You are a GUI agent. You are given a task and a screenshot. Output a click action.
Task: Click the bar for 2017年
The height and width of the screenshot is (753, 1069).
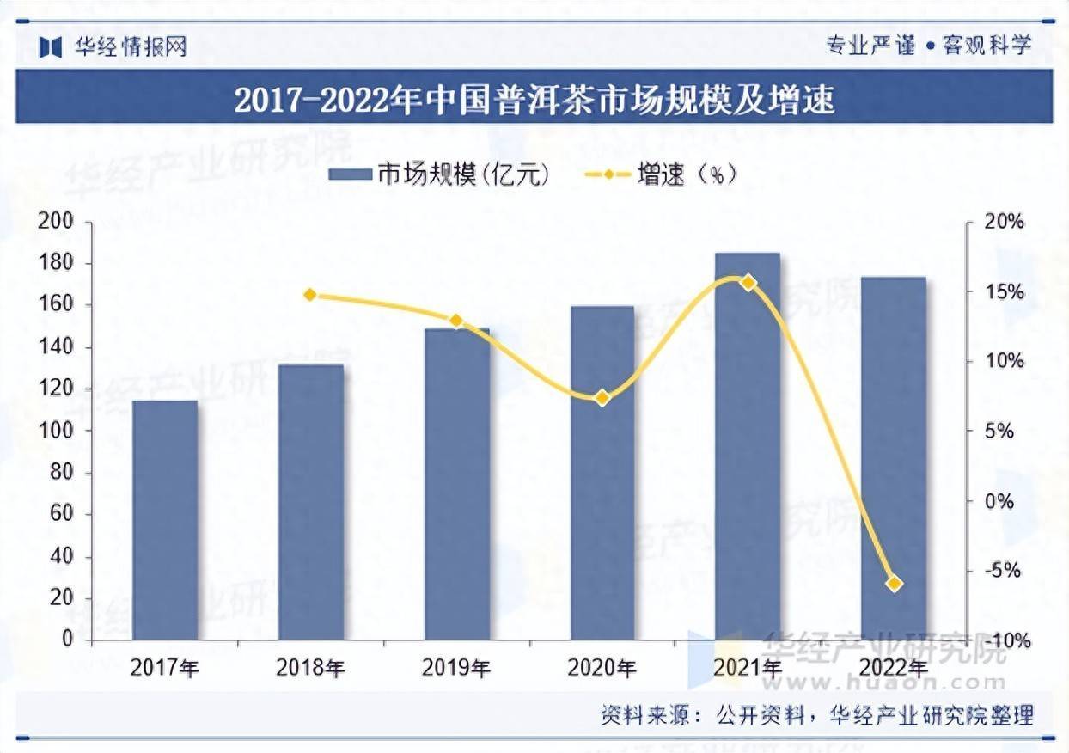coord(165,520)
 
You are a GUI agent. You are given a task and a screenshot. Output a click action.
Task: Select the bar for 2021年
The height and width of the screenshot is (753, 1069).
coord(748,447)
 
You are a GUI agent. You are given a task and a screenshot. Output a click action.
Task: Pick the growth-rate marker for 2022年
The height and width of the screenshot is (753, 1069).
coord(894,584)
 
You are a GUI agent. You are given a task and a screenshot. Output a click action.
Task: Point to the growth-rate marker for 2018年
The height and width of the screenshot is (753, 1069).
coord(310,295)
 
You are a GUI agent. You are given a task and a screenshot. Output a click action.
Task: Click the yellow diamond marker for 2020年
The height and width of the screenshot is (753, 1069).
coord(602,398)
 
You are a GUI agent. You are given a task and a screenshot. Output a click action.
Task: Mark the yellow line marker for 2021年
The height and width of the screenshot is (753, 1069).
coord(748,282)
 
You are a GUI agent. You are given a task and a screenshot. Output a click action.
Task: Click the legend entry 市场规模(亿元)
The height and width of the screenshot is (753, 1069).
coord(438,174)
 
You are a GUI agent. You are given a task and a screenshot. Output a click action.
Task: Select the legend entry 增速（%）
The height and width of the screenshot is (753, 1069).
coord(662,174)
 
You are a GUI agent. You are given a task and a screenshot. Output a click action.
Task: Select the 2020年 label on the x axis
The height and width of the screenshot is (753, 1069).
coord(602,668)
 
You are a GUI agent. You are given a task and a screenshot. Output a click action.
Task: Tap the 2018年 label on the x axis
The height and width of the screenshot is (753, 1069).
coord(310,668)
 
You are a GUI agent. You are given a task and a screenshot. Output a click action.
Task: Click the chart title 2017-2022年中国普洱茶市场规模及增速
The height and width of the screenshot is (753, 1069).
coord(534,101)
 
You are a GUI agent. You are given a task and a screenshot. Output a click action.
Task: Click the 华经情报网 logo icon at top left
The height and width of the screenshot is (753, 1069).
coord(51,46)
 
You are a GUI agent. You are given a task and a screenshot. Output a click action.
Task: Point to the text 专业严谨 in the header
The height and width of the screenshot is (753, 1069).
coord(870,46)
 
